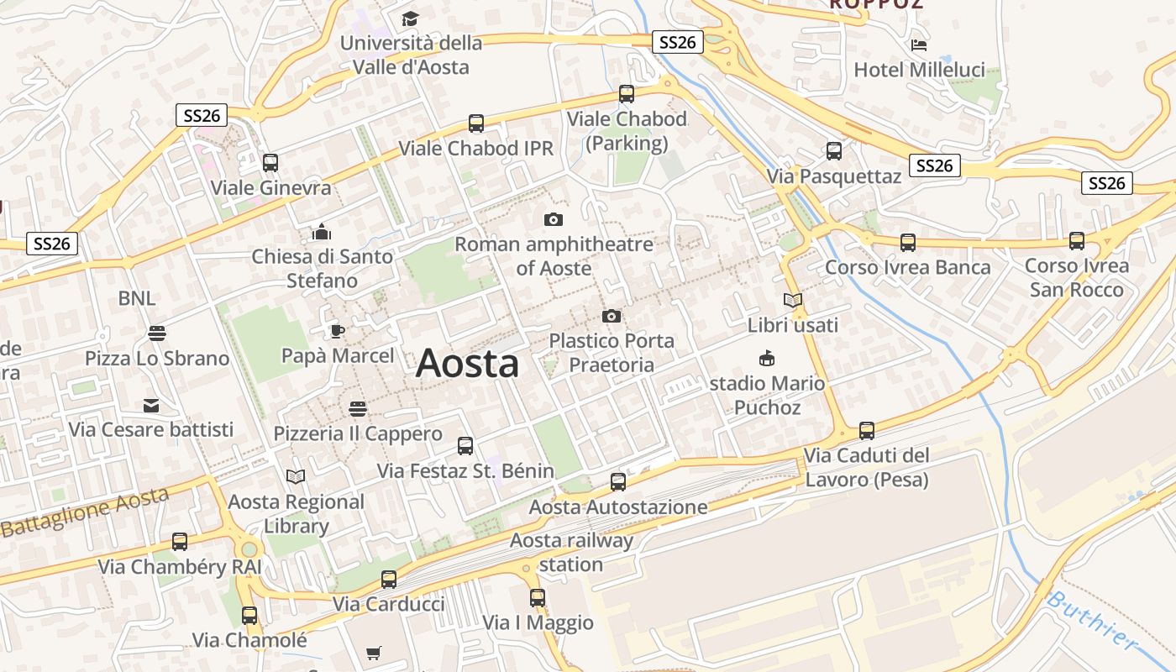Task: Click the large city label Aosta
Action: tap(467, 364)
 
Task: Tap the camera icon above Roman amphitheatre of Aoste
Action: tap(554, 220)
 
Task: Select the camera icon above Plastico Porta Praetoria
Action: tap(612, 317)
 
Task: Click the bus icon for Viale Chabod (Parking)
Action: tap(627, 94)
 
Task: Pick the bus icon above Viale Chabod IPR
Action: tap(476, 123)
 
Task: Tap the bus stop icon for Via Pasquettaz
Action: tap(834, 151)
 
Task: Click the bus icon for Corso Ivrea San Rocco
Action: tap(1077, 241)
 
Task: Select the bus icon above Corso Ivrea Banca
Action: tap(908, 243)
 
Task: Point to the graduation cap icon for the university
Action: tap(410, 18)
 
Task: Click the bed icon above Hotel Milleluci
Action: tap(919, 45)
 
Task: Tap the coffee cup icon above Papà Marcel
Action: tap(337, 331)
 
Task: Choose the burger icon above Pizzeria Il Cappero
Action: tap(358, 409)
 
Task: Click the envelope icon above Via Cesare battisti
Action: tap(151, 406)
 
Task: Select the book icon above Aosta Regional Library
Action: tap(296, 477)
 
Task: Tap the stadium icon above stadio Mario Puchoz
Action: tap(767, 359)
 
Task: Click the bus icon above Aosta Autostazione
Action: tap(618, 482)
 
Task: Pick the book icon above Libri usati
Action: tap(793, 300)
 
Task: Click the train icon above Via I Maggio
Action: tap(538, 598)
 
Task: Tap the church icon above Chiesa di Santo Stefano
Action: tap(322, 232)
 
